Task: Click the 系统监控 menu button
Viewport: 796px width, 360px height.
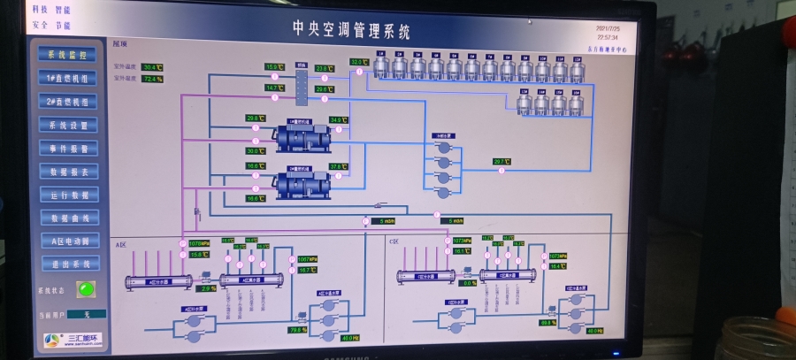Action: pos(68,55)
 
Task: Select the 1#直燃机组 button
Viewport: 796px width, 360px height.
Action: pos(68,78)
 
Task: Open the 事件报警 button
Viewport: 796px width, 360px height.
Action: pos(69,149)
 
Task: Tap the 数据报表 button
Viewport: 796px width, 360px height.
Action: pos(69,172)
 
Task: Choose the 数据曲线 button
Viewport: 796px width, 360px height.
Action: pos(69,218)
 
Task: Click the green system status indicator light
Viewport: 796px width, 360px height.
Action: pos(85,288)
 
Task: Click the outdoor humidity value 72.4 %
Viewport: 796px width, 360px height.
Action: pos(153,80)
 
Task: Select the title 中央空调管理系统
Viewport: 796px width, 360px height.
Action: pos(352,30)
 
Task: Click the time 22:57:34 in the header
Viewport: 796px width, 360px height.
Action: pos(607,38)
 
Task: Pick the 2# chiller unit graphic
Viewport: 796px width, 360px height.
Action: pos(302,184)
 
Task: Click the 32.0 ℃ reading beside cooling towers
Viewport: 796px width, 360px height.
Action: pos(358,62)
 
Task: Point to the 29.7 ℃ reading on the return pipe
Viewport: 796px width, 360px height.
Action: pos(501,162)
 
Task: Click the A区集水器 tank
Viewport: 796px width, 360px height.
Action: pos(251,280)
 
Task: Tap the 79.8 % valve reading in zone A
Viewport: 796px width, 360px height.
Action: pos(297,330)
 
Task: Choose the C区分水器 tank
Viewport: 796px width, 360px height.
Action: pos(425,278)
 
